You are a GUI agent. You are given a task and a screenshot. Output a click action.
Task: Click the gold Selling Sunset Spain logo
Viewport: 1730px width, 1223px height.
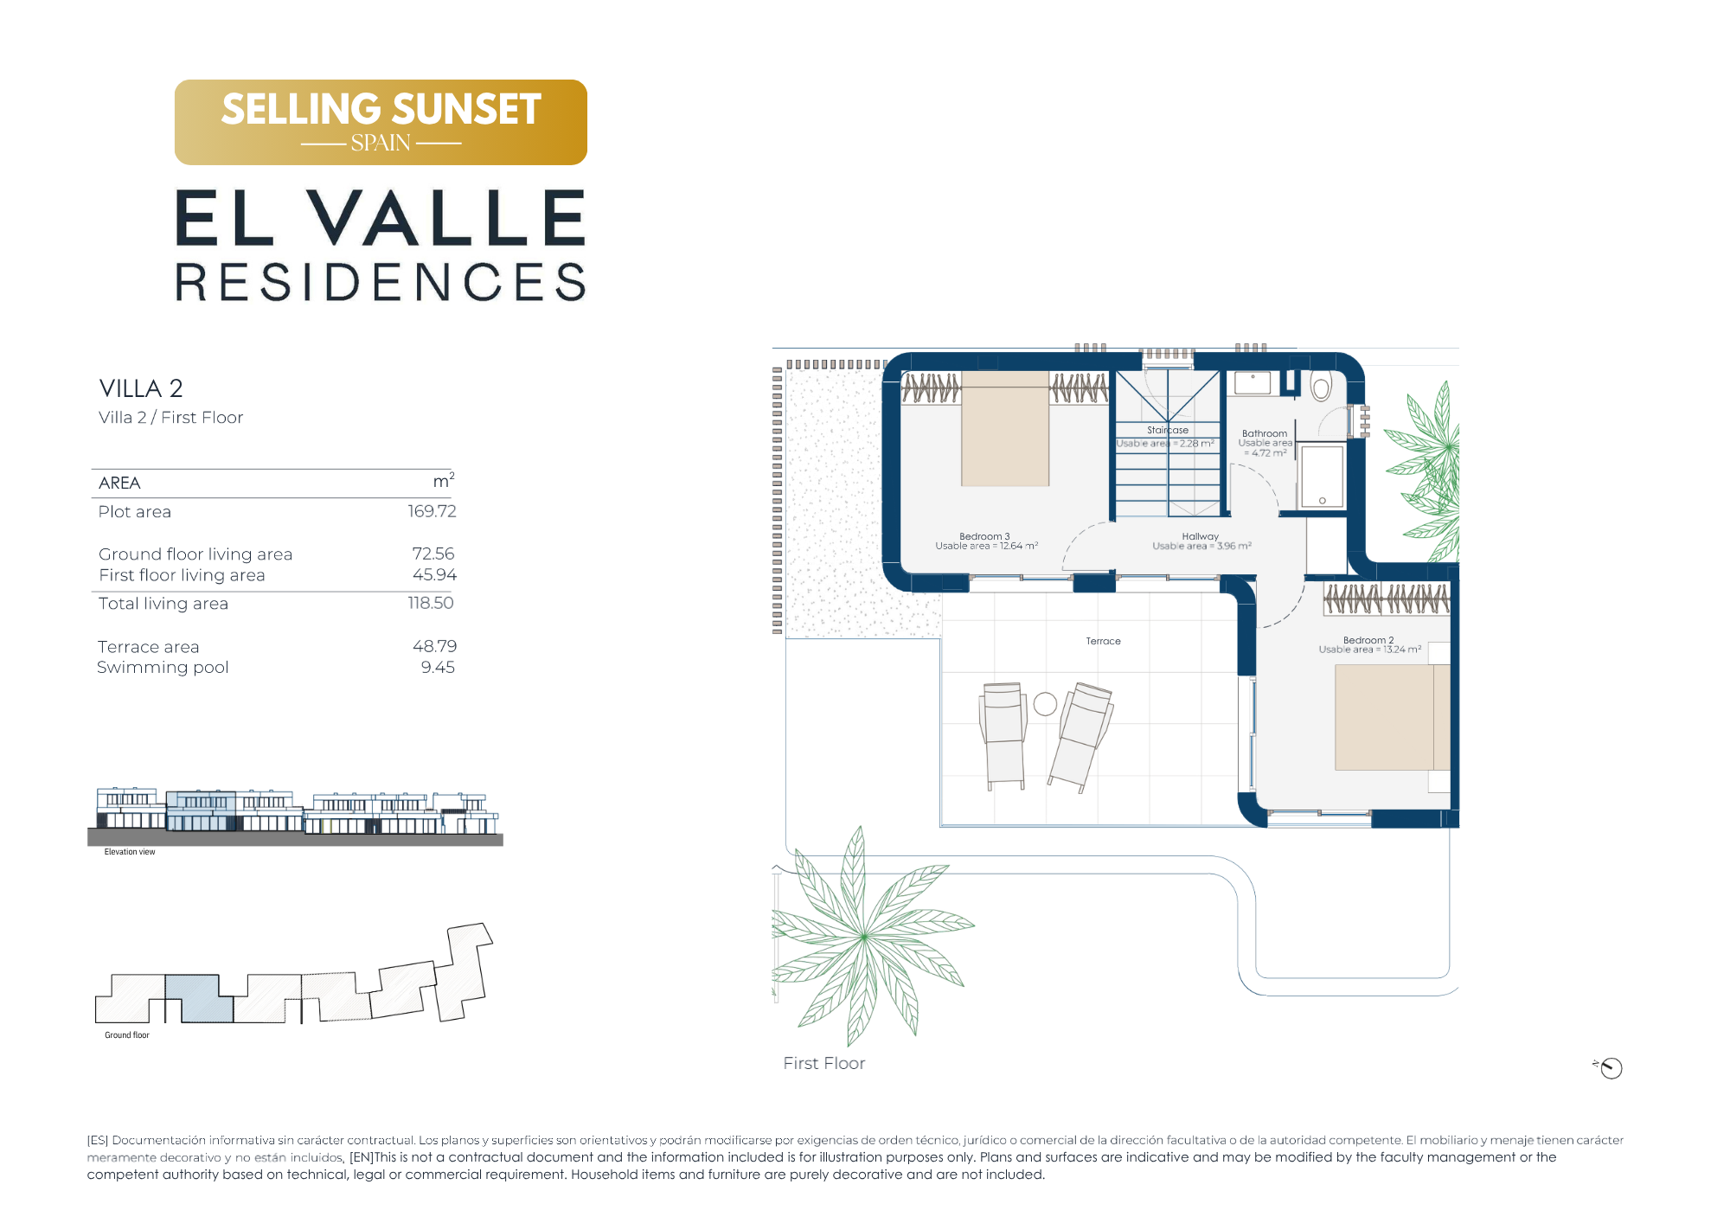(381, 122)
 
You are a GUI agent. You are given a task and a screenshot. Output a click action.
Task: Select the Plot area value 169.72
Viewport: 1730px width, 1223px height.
(432, 511)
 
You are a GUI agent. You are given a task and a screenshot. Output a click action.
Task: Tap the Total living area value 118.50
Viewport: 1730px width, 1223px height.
(431, 603)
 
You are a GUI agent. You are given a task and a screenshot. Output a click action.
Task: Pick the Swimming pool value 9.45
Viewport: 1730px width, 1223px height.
(438, 667)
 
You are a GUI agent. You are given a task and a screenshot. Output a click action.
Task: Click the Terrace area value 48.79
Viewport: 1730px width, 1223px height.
(434, 646)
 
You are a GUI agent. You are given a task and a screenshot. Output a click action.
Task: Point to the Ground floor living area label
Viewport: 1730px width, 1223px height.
(195, 554)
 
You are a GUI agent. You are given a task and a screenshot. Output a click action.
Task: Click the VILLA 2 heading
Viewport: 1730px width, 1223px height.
(141, 388)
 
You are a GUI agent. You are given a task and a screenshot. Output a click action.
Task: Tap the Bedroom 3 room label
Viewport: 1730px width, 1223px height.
(984, 536)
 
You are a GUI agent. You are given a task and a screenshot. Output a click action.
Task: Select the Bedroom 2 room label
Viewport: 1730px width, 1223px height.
(1368, 640)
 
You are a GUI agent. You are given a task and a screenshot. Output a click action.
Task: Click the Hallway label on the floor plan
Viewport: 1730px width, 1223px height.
(1200, 536)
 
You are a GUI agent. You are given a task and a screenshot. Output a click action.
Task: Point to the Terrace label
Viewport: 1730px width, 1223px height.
(1103, 641)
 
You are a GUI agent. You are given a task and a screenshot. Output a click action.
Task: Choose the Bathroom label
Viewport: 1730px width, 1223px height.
(1265, 433)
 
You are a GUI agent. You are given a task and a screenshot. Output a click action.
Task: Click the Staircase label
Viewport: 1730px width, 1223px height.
(1168, 430)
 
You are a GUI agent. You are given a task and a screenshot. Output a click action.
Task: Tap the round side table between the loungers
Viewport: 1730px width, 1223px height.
(1045, 704)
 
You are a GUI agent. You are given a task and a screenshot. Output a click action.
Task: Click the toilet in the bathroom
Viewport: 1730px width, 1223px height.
(1320, 386)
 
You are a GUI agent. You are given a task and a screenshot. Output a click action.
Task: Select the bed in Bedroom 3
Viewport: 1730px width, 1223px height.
(1005, 429)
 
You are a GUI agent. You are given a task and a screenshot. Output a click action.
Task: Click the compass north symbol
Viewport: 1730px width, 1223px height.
(1610, 1068)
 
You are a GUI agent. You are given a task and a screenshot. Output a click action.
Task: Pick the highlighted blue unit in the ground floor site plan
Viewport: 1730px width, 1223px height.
(199, 998)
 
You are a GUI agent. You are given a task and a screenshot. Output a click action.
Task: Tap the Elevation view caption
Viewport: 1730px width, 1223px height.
(130, 852)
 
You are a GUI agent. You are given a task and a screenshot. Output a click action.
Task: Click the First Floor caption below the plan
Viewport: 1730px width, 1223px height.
(823, 1063)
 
